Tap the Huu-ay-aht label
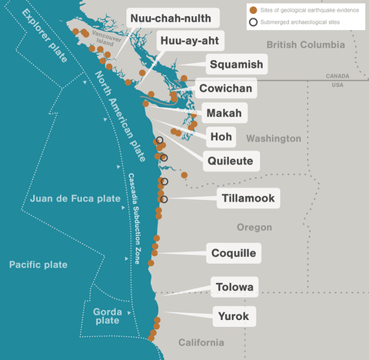tap(191, 41)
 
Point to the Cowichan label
tap(225, 88)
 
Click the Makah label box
tap(224, 113)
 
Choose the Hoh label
tap(220, 137)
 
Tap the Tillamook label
tap(248, 198)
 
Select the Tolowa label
tap(234, 288)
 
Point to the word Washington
tap(274, 138)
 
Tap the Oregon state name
tap(254, 228)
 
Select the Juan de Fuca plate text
tap(75, 198)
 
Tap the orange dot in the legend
tap(253, 9)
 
